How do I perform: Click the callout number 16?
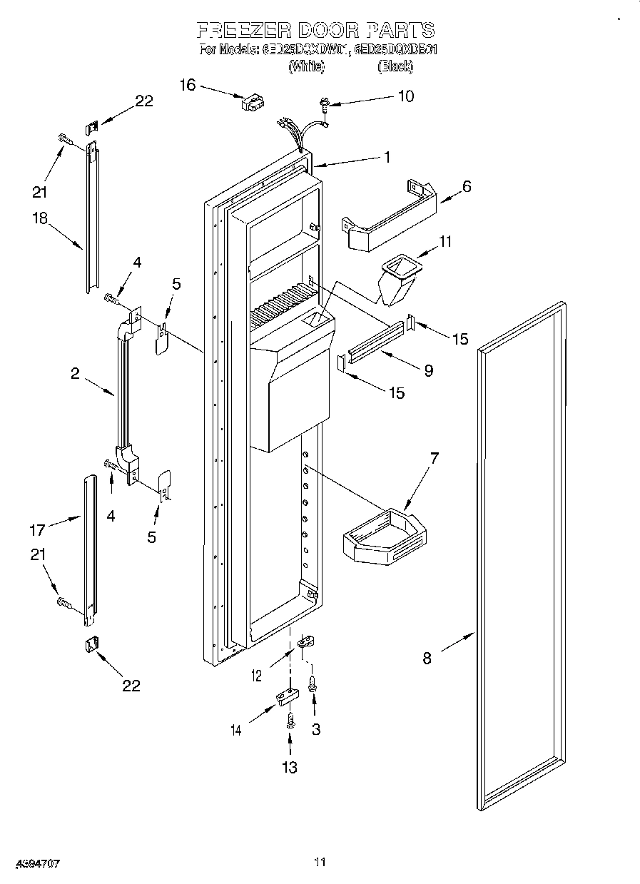(187, 85)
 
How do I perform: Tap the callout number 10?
(405, 96)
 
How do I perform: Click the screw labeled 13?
(290, 723)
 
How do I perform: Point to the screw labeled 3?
(313, 684)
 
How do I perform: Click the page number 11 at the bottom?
(320, 862)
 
